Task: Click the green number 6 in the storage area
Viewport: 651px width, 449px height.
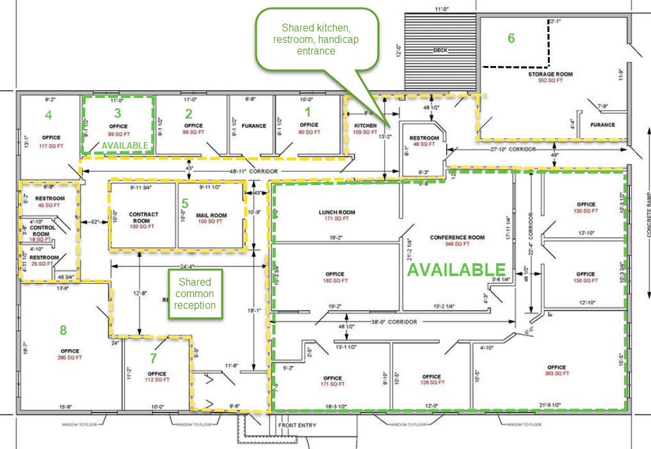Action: coord(511,38)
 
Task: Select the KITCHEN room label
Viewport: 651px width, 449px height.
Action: coord(365,126)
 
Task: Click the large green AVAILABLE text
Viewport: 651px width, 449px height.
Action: coord(457,269)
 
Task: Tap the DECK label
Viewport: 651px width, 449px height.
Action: coord(440,50)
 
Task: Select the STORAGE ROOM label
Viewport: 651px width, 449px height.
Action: coord(550,74)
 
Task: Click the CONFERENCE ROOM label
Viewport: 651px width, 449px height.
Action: coord(457,238)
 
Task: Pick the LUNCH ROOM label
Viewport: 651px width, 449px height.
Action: coord(337,212)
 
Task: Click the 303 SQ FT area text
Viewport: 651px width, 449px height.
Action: coord(556,375)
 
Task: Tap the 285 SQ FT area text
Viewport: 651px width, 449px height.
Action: coord(70,357)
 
